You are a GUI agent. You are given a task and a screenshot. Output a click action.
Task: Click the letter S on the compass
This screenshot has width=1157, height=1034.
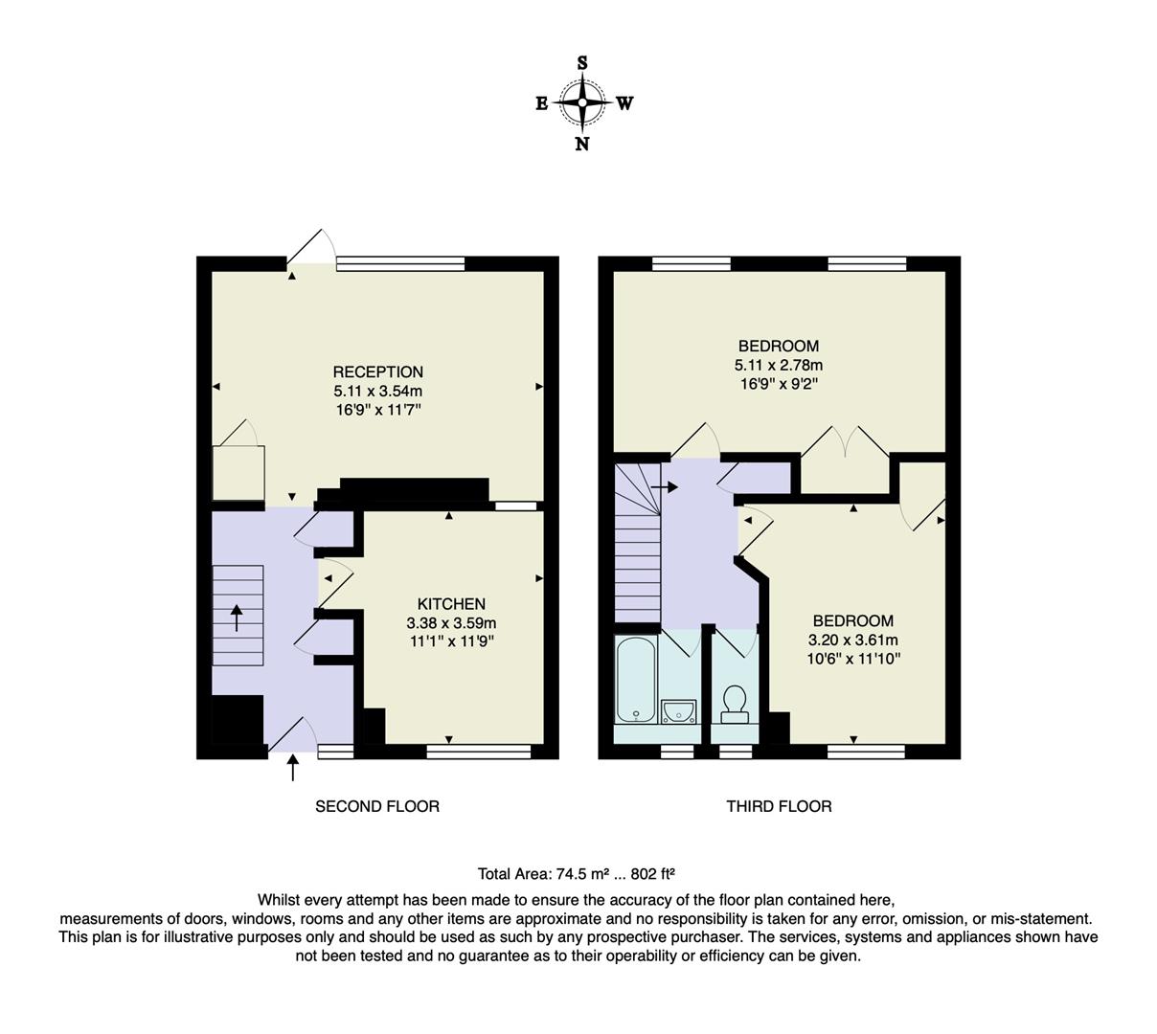[582, 63]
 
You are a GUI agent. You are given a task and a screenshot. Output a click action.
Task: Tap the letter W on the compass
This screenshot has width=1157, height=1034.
[624, 103]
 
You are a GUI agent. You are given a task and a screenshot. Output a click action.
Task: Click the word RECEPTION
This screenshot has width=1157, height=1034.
[377, 371]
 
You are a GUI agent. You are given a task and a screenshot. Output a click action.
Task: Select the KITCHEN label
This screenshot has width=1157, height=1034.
[451, 604]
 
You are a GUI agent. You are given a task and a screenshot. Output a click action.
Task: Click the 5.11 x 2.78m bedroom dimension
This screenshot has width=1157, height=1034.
[778, 365]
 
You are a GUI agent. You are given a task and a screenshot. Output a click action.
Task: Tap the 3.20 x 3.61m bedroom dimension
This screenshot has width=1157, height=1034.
[852, 640]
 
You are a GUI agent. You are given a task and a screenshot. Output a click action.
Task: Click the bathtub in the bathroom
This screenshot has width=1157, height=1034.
[636, 680]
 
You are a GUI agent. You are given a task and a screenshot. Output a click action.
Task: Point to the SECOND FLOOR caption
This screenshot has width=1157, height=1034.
[377, 806]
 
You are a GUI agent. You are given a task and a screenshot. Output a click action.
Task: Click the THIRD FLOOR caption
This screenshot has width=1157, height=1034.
[778, 806]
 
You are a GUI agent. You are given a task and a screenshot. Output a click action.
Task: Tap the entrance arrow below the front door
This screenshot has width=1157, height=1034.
[293, 767]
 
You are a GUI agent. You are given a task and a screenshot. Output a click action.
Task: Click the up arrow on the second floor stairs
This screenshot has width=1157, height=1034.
[237, 618]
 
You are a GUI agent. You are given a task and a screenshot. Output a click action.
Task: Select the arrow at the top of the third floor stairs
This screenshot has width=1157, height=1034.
[664, 487]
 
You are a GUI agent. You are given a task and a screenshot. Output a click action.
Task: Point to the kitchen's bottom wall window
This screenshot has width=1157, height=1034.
[478, 752]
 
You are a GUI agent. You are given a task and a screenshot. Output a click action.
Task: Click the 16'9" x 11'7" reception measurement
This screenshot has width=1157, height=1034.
[377, 410]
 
